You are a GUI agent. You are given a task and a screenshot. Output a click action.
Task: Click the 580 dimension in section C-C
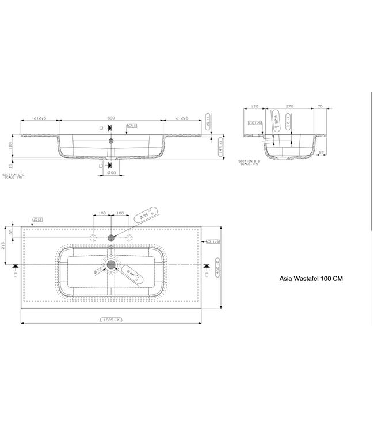[x=111, y=117]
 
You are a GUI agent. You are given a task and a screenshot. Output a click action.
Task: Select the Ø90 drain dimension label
[x=111, y=173]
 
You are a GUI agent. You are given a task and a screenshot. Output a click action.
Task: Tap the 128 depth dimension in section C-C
[x=11, y=146]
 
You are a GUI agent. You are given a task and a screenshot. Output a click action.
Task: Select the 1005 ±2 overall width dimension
[x=110, y=320]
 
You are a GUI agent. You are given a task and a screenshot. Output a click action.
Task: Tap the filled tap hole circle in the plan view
[x=111, y=237]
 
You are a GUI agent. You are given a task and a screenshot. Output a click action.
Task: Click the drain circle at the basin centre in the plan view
[x=111, y=264]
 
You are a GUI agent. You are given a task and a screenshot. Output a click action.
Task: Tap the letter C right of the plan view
[x=206, y=275]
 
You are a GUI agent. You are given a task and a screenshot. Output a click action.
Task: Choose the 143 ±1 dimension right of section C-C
[x=221, y=149]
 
